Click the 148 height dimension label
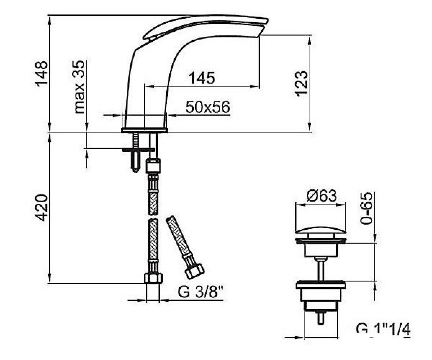click(41, 73)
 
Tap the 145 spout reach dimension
click(202, 78)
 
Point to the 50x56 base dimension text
click(207, 107)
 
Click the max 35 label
click(80, 87)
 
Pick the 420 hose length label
click(41, 208)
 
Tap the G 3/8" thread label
click(200, 292)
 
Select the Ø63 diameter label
click(321, 195)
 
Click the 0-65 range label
click(366, 208)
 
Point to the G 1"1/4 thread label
click(383, 329)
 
